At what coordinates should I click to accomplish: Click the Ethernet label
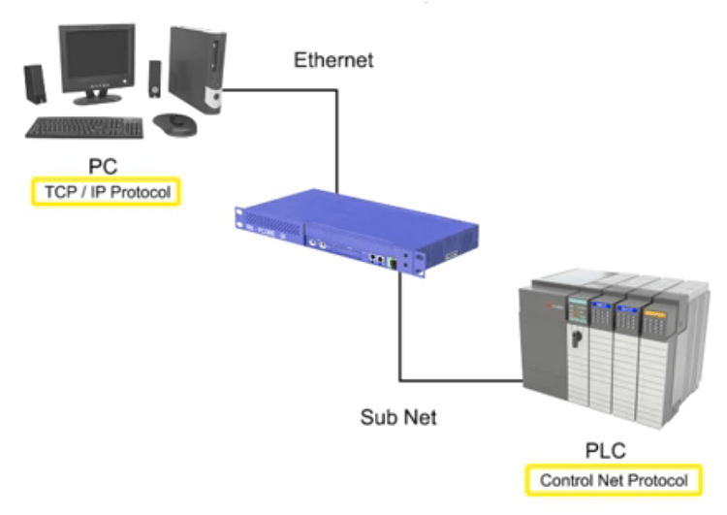point(333,61)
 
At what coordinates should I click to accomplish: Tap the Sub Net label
point(398,418)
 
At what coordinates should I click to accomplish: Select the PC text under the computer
point(103,166)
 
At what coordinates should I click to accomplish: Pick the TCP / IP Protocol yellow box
point(108,192)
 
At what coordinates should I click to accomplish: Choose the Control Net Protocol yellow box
point(614,480)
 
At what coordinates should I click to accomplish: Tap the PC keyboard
point(85,127)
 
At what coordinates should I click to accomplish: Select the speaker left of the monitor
point(35,84)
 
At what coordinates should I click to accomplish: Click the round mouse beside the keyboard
point(174,122)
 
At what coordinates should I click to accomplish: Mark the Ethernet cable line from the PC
point(336,136)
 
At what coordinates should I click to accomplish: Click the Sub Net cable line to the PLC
point(398,330)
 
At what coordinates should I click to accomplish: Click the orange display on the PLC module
point(656,317)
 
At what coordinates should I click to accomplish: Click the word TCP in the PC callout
point(57,192)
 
